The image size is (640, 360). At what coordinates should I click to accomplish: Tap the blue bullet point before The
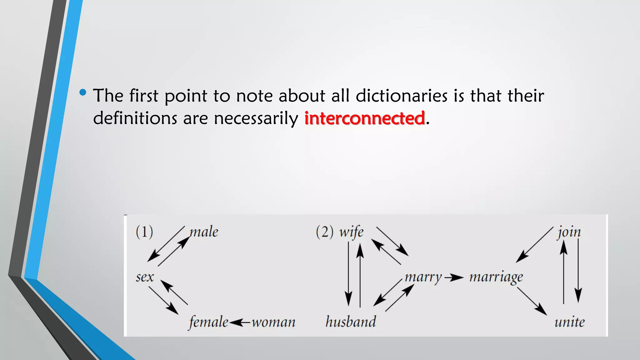click(83, 92)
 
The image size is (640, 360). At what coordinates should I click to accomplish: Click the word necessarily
click(256, 119)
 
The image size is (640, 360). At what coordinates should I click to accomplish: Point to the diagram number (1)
click(144, 232)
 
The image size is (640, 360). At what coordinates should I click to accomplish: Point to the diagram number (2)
click(324, 232)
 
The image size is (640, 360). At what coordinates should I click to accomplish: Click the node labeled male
click(204, 232)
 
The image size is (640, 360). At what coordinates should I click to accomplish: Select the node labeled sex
click(145, 277)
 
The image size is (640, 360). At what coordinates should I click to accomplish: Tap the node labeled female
click(208, 322)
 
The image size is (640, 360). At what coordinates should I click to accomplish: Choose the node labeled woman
click(273, 322)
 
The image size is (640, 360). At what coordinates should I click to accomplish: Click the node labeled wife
click(352, 232)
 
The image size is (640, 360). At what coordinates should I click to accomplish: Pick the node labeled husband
click(351, 322)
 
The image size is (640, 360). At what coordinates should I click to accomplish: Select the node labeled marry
click(423, 277)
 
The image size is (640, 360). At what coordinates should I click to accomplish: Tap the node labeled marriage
click(496, 277)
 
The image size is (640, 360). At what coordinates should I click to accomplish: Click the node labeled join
click(569, 232)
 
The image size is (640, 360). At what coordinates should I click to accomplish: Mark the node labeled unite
click(569, 322)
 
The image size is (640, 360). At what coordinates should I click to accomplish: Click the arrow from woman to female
click(240, 322)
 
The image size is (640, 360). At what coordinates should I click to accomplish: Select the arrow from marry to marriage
click(454, 277)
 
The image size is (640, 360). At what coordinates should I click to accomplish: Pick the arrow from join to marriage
click(534, 244)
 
